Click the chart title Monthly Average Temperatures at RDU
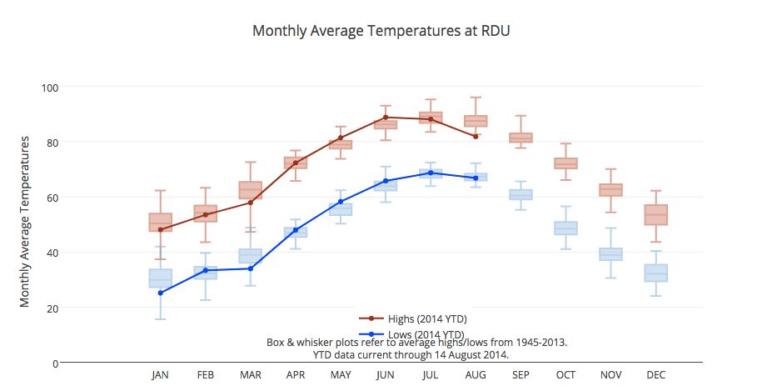pos(381,32)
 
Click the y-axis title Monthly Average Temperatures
pos(26,221)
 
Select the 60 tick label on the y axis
pos(52,198)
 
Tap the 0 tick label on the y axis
pos(55,363)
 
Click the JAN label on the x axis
pos(161,375)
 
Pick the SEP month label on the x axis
pos(520,375)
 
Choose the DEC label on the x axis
pos(655,375)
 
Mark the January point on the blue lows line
pos(161,293)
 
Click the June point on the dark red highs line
pos(386,118)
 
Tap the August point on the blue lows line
pos(476,178)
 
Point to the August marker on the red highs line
pos(476,136)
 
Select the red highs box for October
pos(565,163)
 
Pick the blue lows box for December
pos(655,273)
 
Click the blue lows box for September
pos(520,195)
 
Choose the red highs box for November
pos(610,190)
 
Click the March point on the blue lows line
pos(251,268)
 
